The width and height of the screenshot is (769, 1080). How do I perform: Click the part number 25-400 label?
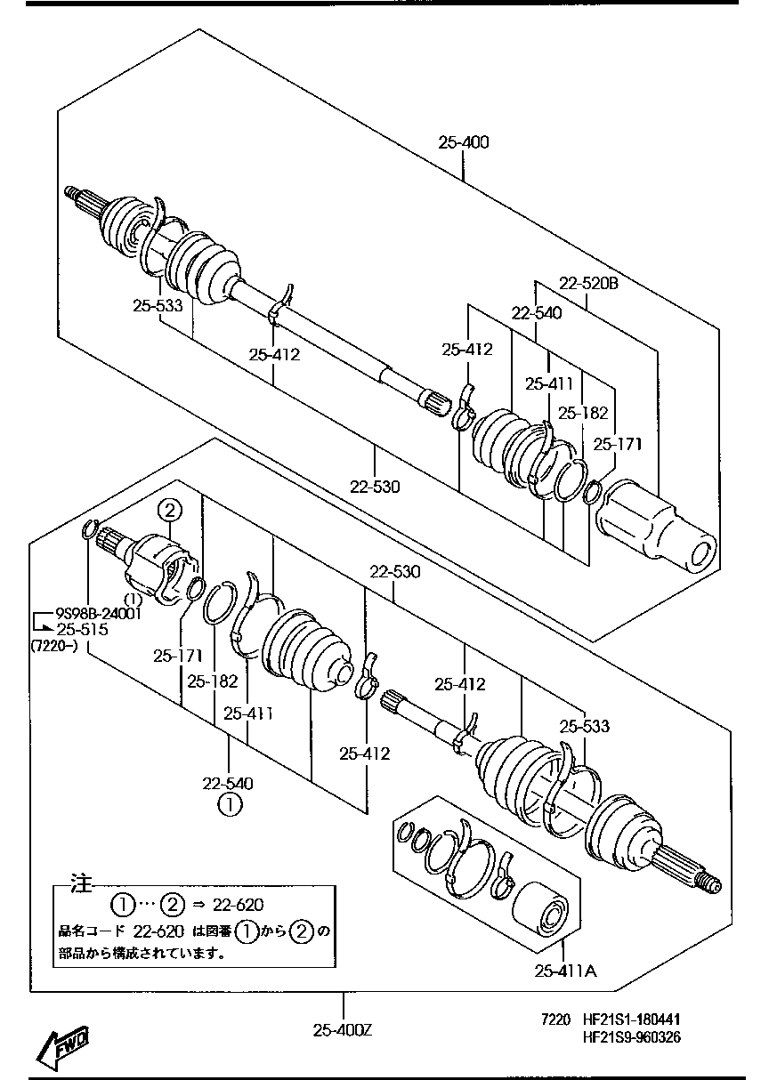463,142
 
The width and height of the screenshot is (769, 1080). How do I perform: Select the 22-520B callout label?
588,284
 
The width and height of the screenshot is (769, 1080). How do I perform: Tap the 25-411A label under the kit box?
565,971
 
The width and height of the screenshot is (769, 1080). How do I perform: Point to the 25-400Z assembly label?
342,1030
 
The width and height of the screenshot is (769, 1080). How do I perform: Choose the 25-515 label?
82,629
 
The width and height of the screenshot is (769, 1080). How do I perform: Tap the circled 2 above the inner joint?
170,511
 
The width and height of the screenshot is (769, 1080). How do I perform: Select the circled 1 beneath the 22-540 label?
228,805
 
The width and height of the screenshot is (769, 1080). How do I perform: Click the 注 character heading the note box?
82,884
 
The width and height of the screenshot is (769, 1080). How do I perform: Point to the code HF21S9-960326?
632,1036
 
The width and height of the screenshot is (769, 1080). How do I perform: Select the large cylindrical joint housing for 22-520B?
656,526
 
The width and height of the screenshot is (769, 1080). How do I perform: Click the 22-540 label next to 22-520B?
536,312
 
